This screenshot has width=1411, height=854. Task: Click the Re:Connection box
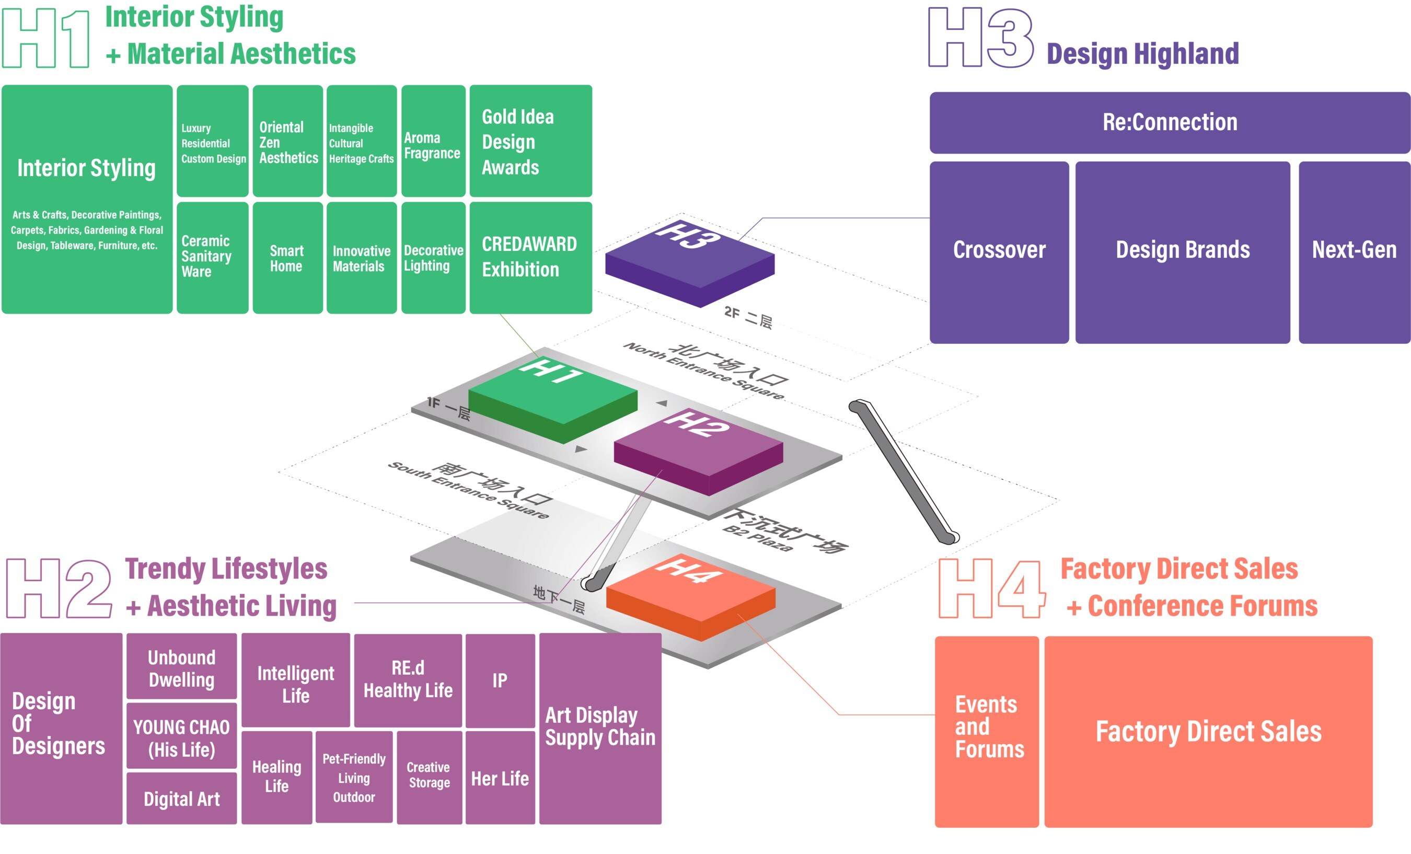1170,123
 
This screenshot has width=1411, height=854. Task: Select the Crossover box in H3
999,252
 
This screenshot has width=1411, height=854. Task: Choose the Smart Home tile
287,258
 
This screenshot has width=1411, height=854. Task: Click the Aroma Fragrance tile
433,141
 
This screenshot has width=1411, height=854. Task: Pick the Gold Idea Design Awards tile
530,141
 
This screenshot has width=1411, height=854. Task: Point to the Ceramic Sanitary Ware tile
212,257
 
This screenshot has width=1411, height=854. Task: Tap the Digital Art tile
181,798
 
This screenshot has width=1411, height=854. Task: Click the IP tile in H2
500,680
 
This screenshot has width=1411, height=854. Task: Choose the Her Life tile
500,778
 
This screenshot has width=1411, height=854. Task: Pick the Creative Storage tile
429,776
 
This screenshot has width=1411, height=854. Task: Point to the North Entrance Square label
704,370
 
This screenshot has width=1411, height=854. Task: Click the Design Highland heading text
1142,54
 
